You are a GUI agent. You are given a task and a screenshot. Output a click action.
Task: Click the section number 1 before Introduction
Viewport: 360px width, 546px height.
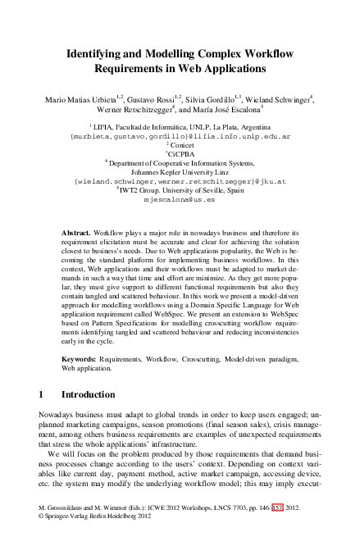click(43, 395)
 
